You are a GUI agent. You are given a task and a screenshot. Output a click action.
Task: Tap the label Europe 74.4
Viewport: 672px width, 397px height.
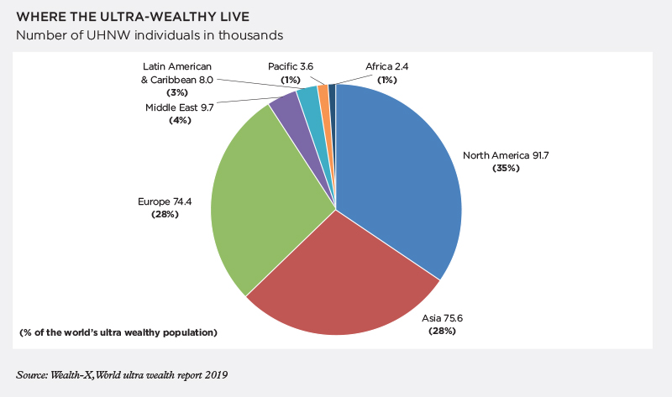165,201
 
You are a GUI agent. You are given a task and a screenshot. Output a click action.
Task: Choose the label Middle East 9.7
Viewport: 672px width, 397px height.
180,107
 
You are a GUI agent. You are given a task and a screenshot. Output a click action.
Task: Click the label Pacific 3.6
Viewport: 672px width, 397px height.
291,66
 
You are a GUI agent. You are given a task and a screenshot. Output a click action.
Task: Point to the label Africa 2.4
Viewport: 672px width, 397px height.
386,66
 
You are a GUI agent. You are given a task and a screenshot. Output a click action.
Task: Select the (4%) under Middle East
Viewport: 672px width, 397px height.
180,121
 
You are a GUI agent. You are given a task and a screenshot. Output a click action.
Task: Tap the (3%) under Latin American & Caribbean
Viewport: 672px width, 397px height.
177,92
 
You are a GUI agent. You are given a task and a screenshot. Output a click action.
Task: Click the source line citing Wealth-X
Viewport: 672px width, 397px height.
122,374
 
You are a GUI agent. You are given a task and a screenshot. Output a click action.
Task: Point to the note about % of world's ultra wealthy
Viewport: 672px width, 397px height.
118,333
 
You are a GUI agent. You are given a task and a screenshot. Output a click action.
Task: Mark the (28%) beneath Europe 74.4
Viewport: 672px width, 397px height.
165,215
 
